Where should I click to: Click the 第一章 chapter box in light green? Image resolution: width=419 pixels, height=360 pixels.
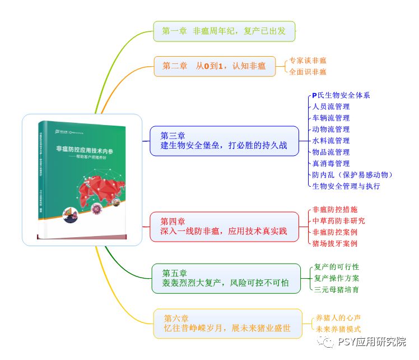coord(224,31)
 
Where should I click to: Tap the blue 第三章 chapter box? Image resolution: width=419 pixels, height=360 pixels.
coord(224,141)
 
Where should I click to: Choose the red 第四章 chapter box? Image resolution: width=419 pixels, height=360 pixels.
coord(224,227)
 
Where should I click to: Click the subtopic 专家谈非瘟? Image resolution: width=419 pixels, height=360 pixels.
coord(308,61)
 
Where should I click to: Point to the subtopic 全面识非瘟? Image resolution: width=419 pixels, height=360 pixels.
coord(308,72)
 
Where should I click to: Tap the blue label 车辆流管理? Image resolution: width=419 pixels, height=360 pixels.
coord(331,118)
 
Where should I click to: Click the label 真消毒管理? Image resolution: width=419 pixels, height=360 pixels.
coord(331,163)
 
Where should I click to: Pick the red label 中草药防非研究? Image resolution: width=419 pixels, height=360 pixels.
coord(338,220)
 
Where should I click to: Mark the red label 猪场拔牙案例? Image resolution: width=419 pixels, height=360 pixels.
coord(334,243)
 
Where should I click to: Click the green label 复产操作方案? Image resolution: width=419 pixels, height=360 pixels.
coord(337,278)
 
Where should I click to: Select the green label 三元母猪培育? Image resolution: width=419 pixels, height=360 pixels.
coord(337,289)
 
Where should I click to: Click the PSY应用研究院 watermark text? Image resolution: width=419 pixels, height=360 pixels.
coord(372,342)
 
